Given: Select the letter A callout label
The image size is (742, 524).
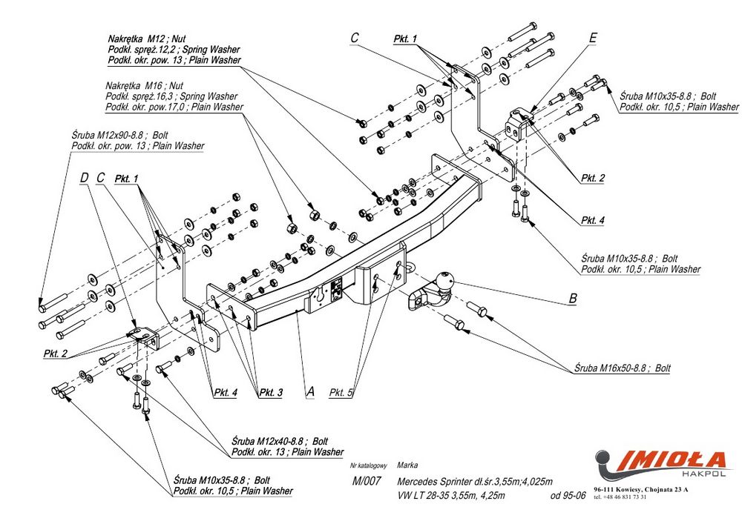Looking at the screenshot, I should pyautogui.click(x=311, y=391).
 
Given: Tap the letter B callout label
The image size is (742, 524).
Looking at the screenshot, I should pyautogui.click(x=572, y=299).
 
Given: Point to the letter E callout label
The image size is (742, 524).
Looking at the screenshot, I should pyautogui.click(x=592, y=37).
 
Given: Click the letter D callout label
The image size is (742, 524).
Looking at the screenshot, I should pyautogui.click(x=84, y=178).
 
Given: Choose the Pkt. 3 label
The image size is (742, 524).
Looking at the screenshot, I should pyautogui.click(x=270, y=392).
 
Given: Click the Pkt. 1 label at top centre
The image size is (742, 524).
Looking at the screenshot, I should pyautogui.click(x=405, y=38).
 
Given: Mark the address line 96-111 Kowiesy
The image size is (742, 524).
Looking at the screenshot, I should pyautogui.click(x=641, y=490).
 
